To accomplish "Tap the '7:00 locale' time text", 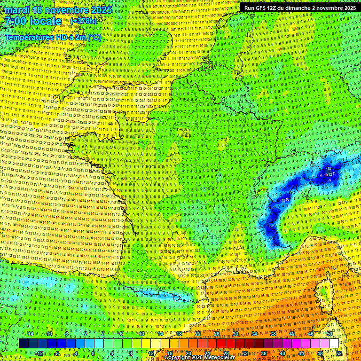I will coord(32,21).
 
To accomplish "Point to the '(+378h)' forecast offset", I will coord(84,21).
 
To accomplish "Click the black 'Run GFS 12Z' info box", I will coord(299,8).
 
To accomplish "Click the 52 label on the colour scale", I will coord(339,353).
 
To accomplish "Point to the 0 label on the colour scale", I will coord(93,353).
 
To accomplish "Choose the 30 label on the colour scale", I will coord(235,334).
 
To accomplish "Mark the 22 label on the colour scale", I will coord(197,334).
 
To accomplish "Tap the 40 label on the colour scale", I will coord(282,353).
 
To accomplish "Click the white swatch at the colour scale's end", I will coord(334,343).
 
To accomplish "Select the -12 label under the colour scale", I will coord(39,353).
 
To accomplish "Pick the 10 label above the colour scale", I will coord(141,334).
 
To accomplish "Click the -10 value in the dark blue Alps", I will coord(329,168).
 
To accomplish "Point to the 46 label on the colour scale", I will coord(310,334).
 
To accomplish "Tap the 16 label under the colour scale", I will coord(169,353).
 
